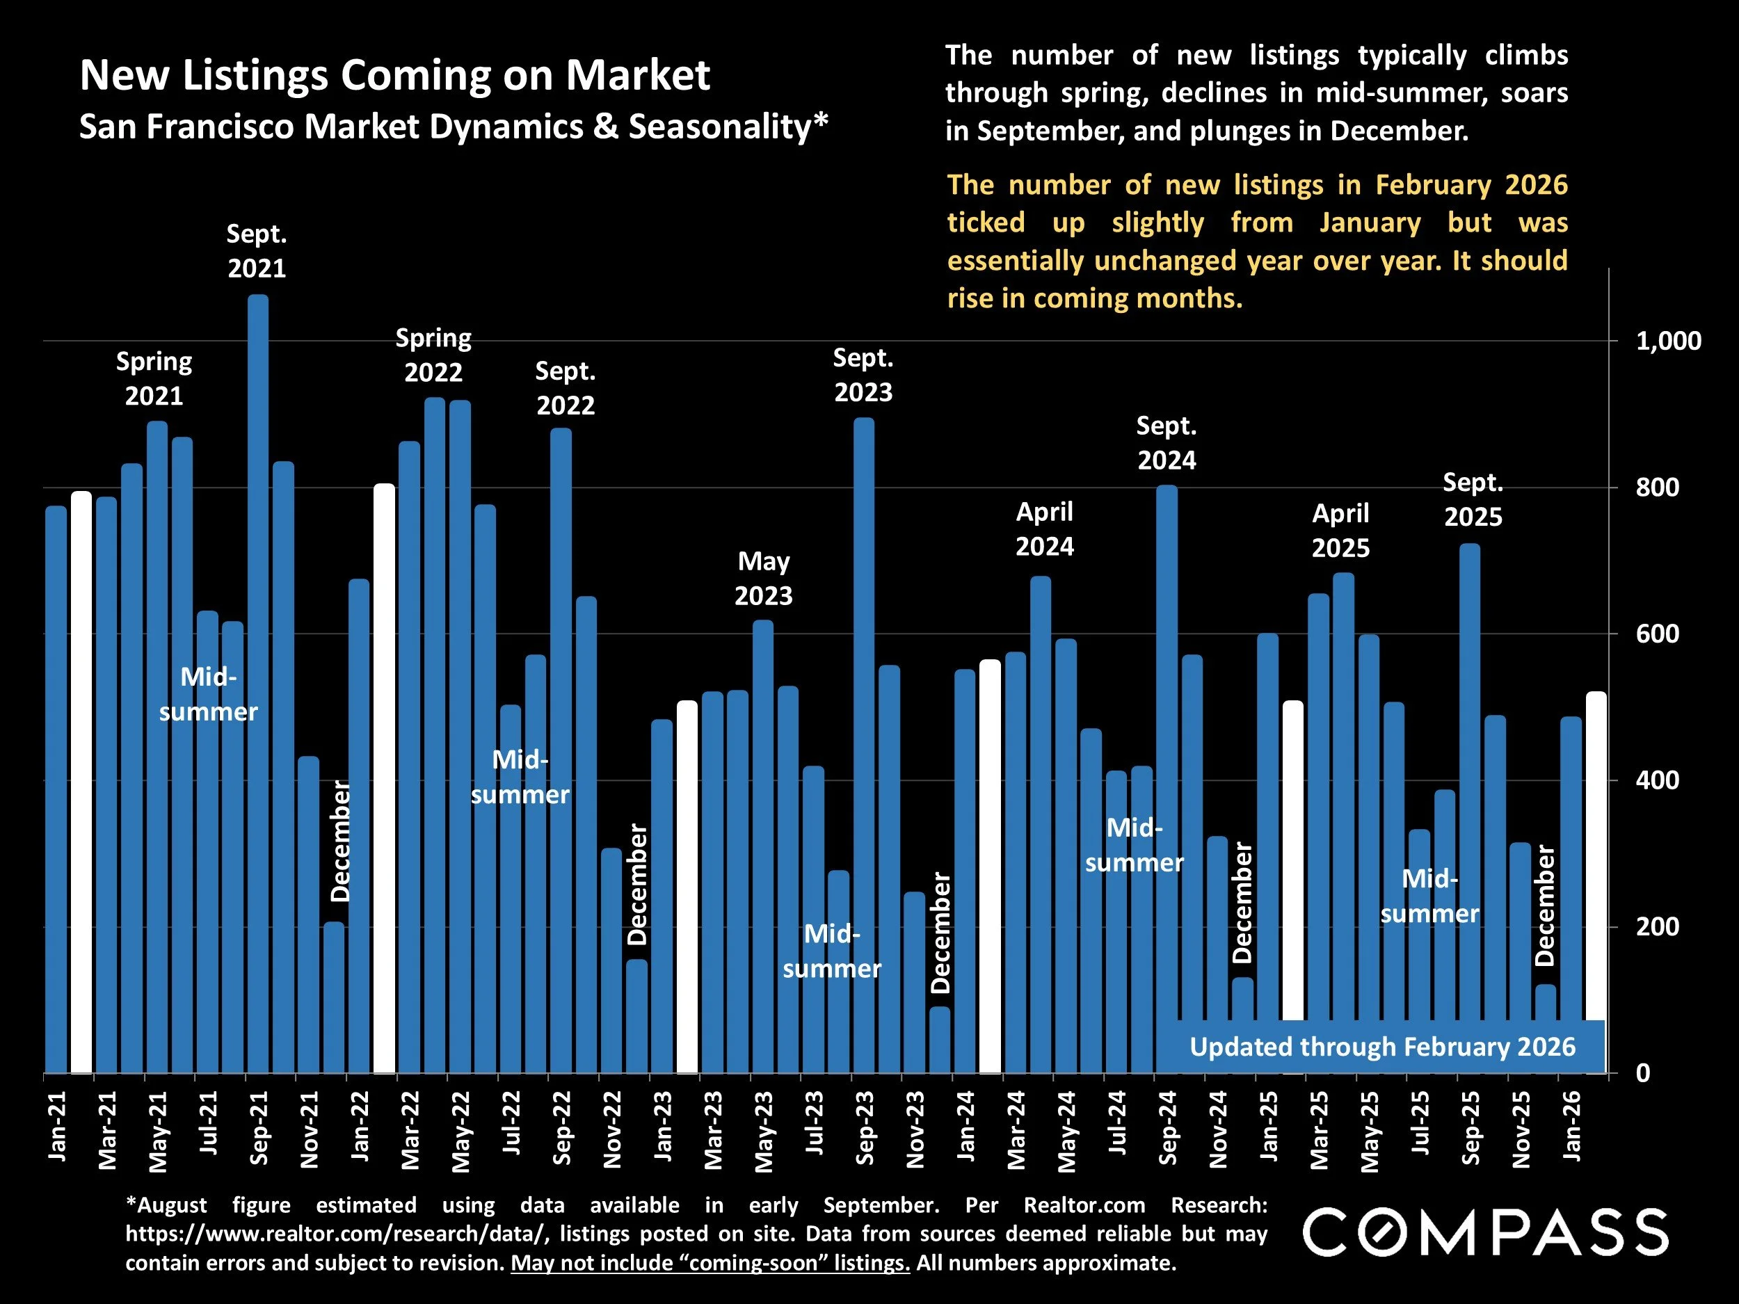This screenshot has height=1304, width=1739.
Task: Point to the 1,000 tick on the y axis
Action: coord(1667,341)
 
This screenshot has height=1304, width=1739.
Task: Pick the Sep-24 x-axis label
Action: coord(1167,1128)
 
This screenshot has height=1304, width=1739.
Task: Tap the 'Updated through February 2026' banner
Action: coord(1381,1047)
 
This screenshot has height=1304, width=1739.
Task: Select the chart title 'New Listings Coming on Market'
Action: coord(394,75)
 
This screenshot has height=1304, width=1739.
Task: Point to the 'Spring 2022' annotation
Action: coord(433,355)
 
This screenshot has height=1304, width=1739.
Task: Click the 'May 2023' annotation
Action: coord(763,579)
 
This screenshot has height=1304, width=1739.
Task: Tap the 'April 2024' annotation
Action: coord(1044,529)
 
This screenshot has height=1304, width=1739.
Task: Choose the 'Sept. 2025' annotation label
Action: coord(1473,500)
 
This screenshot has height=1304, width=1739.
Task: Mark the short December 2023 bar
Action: coord(940,1039)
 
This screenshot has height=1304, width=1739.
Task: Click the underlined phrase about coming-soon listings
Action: coord(710,1263)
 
